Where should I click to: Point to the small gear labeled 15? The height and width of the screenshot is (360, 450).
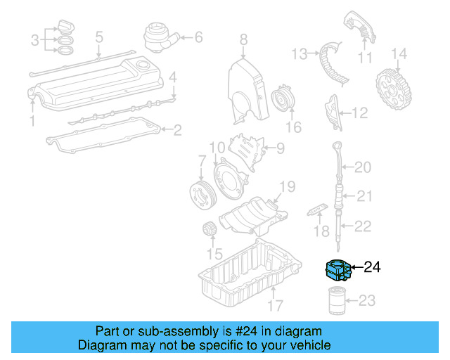[x=209, y=230]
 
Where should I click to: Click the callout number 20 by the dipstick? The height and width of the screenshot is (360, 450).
[x=363, y=167]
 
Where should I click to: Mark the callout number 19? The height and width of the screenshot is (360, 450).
[x=287, y=186]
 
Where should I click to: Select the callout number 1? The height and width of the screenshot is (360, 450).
[x=31, y=122]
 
